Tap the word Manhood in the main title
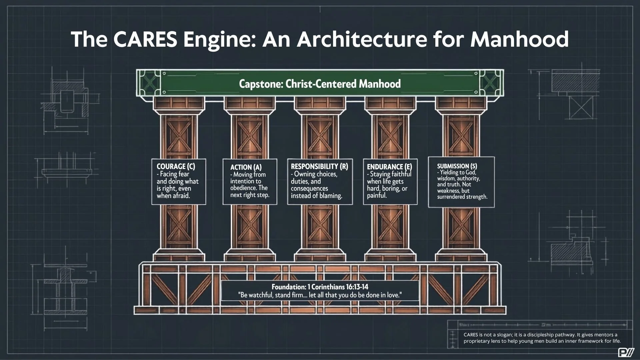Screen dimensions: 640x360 pyautogui.click(x=519, y=39)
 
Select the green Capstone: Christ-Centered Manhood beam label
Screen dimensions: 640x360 pyautogui.click(x=320, y=84)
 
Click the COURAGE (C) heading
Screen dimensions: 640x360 pyautogui.click(x=176, y=166)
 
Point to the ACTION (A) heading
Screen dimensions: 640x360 pyautogui.click(x=246, y=167)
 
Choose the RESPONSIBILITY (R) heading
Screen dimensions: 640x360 pyautogui.click(x=319, y=166)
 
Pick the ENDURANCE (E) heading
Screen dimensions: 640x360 pyautogui.click(x=389, y=167)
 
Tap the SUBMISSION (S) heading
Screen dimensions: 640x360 pyautogui.click(x=457, y=166)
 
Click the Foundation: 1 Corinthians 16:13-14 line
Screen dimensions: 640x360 pyautogui.click(x=320, y=287)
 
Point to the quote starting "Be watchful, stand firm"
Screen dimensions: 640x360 pyautogui.click(x=320, y=295)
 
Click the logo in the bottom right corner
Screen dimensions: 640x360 pyautogui.click(x=625, y=352)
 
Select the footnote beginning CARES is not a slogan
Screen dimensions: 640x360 pyautogui.click(x=542, y=338)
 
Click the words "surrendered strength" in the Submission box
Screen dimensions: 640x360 pyautogui.click(x=462, y=197)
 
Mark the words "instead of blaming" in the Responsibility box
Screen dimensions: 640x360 pyautogui.click(x=317, y=196)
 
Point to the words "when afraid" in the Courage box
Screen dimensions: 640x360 pyautogui.click(x=173, y=196)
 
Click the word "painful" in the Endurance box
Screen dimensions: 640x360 pyautogui.click(x=377, y=195)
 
